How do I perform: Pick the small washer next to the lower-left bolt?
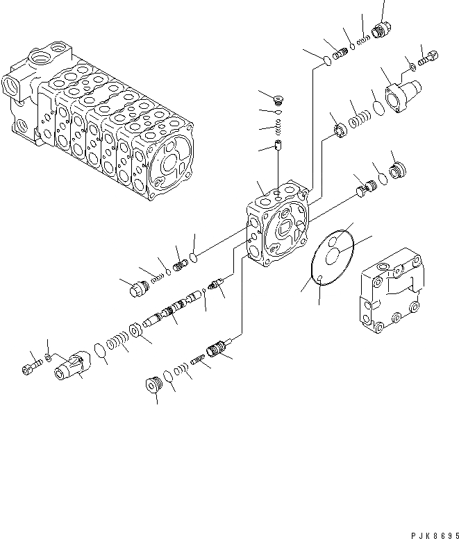click(x=48, y=358)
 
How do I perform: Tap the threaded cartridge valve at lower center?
click(x=217, y=348)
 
